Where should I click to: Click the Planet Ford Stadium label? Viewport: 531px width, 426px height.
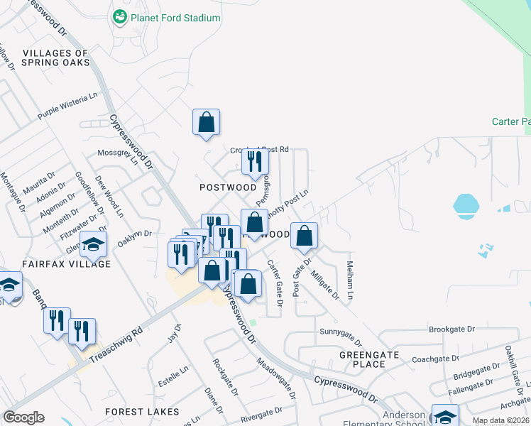pyautogui.click(x=175, y=16)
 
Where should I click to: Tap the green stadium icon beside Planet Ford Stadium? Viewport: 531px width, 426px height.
pyautogui.click(x=119, y=16)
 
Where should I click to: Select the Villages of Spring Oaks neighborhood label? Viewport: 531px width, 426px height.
pyautogui.click(x=55, y=58)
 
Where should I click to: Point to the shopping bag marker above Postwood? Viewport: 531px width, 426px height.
pyautogui.click(x=206, y=122)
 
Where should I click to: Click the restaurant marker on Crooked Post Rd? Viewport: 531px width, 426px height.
pyautogui.click(x=255, y=163)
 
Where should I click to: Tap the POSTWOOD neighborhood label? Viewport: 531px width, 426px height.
pyautogui.click(x=227, y=187)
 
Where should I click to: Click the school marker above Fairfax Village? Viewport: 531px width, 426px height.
pyautogui.click(x=93, y=245)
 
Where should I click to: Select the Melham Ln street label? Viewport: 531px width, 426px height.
pyautogui.click(x=350, y=278)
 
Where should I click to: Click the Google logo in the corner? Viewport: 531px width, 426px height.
pyautogui.click(x=23, y=417)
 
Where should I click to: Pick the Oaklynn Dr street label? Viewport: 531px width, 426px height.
pyautogui.click(x=134, y=237)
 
